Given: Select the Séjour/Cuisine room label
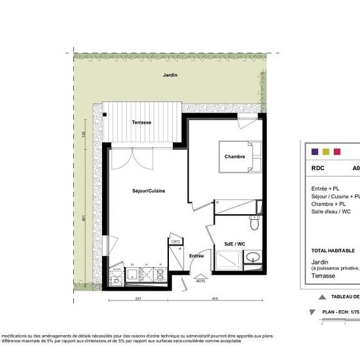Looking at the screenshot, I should [148, 190].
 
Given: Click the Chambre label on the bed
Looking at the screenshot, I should [234, 156].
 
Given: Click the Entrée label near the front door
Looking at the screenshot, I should [196, 255].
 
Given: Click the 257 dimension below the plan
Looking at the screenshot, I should [138, 299].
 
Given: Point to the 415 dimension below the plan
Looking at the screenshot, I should [215, 299].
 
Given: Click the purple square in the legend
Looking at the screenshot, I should [315, 151].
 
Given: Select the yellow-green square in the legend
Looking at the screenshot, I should [326, 151].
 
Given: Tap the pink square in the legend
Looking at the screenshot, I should [337, 151].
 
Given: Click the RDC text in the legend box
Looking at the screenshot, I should [317, 168].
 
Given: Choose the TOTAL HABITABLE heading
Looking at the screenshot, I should [333, 251].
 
